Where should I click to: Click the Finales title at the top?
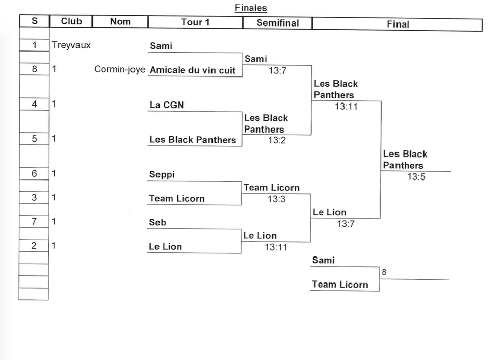(251, 8)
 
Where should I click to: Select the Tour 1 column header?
(195, 22)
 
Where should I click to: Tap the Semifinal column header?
(277, 22)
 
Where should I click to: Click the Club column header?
(71, 21)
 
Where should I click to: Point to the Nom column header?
(120, 21)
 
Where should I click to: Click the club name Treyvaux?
(71, 45)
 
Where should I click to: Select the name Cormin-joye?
(120, 70)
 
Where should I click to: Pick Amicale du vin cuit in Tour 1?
(193, 70)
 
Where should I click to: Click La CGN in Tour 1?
(167, 105)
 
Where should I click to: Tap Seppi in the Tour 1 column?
(162, 174)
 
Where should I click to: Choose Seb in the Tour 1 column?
(157, 222)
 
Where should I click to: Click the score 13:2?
(277, 140)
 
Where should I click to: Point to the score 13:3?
(276, 199)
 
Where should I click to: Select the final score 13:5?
(416, 177)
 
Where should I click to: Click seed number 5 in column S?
(34, 138)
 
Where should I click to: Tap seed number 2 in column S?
(34, 246)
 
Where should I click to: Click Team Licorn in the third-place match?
(340, 285)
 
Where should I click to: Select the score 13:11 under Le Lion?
(276, 247)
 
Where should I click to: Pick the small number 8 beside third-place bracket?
(384, 272)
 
